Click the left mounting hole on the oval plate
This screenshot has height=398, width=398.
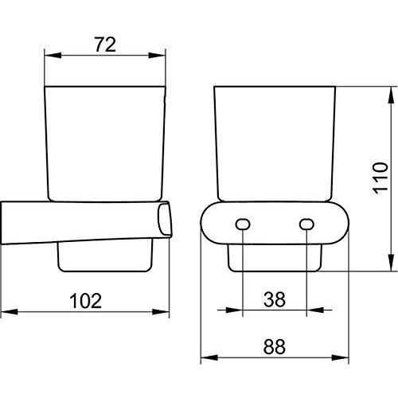pos(242,225)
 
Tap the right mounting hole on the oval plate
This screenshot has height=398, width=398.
pos(307,225)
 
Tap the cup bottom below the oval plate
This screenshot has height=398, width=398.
pos(275,258)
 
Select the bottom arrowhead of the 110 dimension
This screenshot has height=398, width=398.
pos(389,267)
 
